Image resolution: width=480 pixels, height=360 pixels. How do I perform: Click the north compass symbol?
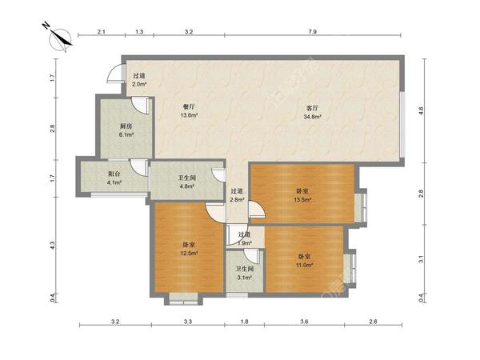click(61, 38)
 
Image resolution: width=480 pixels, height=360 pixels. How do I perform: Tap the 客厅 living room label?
click(312, 108)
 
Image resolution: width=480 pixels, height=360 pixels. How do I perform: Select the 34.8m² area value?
click(312, 117)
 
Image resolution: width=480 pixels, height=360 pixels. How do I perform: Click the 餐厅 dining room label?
click(189, 107)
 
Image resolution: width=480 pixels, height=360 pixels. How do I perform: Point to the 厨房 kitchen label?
click(126, 126)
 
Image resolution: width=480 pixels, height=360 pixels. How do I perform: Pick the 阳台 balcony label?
click(114, 174)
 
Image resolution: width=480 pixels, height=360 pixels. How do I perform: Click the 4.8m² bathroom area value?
click(186, 186)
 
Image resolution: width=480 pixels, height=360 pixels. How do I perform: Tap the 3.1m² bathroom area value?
click(245, 278)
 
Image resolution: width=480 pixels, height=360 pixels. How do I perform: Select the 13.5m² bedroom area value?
click(302, 199)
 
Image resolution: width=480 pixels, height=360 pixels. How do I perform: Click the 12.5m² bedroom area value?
click(189, 253)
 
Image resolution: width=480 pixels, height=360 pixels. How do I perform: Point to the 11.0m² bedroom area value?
click(304, 265)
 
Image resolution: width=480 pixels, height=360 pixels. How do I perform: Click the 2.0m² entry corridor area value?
click(139, 84)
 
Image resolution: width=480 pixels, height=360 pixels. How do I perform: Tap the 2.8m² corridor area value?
click(237, 199)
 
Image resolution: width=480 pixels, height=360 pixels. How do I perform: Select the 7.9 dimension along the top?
click(312, 31)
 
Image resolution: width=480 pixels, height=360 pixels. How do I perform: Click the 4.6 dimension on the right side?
click(422, 110)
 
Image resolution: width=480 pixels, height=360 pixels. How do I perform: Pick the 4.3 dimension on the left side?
click(53, 246)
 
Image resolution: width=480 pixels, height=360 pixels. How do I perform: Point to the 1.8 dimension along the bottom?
click(244, 322)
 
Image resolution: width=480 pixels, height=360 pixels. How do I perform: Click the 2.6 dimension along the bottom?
click(373, 322)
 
